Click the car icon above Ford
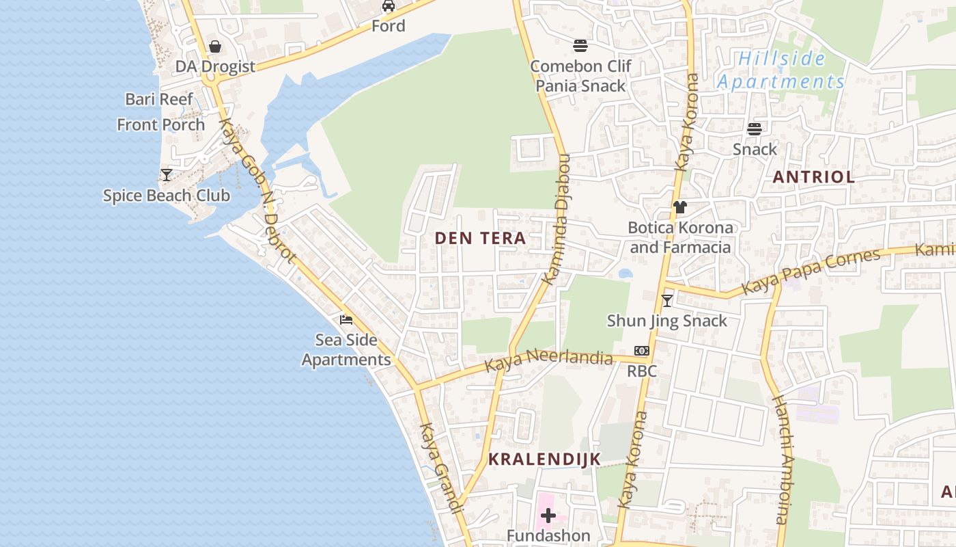[x=389, y=6]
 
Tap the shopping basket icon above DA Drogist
[x=215, y=46]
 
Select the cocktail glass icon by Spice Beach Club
[x=167, y=175]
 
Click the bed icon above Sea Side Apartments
[x=346, y=319]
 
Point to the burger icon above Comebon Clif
[x=580, y=46]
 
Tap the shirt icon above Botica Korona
[x=679, y=207]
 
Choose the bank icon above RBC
[x=641, y=351]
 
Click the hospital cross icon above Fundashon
[x=548, y=516]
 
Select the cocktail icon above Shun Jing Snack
[x=667, y=301]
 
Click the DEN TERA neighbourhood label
[x=480, y=239]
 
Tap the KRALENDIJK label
[x=544, y=459]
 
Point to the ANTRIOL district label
[x=813, y=177]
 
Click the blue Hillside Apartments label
[x=781, y=70]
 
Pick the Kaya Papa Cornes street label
[x=811, y=271]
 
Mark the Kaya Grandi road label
[x=441, y=468]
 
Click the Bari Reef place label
[x=159, y=99]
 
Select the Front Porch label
[x=160, y=124]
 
